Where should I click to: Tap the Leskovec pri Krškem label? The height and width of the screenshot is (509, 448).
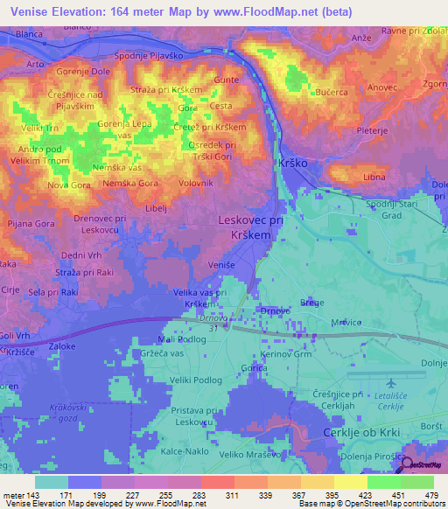250,228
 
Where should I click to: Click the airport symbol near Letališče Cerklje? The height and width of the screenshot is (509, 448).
387,382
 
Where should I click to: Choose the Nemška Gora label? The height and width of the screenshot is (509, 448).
130,183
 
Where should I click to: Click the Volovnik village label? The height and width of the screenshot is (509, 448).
196,183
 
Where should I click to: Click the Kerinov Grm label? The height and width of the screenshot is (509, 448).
286,353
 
